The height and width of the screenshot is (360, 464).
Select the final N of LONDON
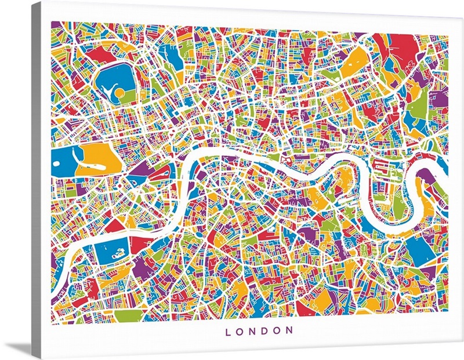pos(288,331)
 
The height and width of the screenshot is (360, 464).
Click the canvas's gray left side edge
pos(36,174)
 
